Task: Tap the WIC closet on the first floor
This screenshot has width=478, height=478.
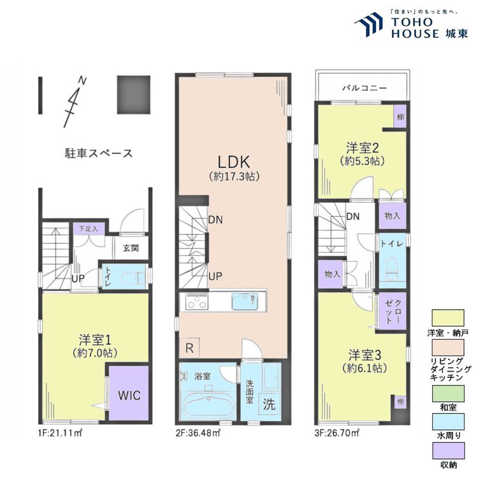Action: click(x=127, y=394)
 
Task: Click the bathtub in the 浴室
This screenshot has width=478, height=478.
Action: click(x=208, y=403)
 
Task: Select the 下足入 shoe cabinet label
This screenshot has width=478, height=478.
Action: click(x=88, y=228)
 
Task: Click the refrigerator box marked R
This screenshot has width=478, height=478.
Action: click(x=190, y=348)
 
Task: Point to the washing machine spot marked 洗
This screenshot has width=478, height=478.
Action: click(x=270, y=403)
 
